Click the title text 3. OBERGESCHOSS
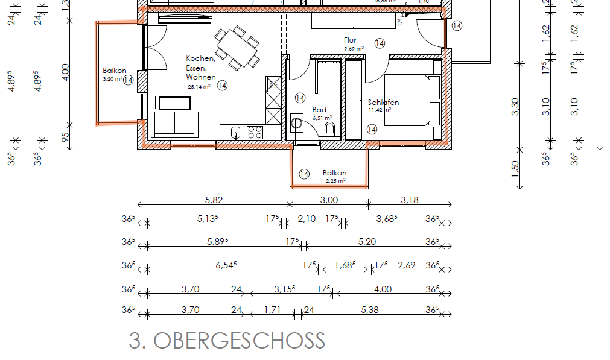click(x=227, y=341)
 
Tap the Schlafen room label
click(x=383, y=103)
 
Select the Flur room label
click(x=350, y=40)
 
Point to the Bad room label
click(x=319, y=110)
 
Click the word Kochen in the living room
click(x=200, y=58)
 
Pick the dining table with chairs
click(x=237, y=46)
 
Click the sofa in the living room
click(x=174, y=123)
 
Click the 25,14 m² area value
click(x=199, y=87)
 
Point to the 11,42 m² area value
click(x=380, y=110)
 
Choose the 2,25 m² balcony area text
click(x=335, y=180)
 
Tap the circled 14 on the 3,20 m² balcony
click(x=128, y=80)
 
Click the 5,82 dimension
click(x=214, y=200)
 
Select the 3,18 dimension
click(x=409, y=200)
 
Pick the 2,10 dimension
click(x=307, y=218)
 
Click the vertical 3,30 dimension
click(x=515, y=110)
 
